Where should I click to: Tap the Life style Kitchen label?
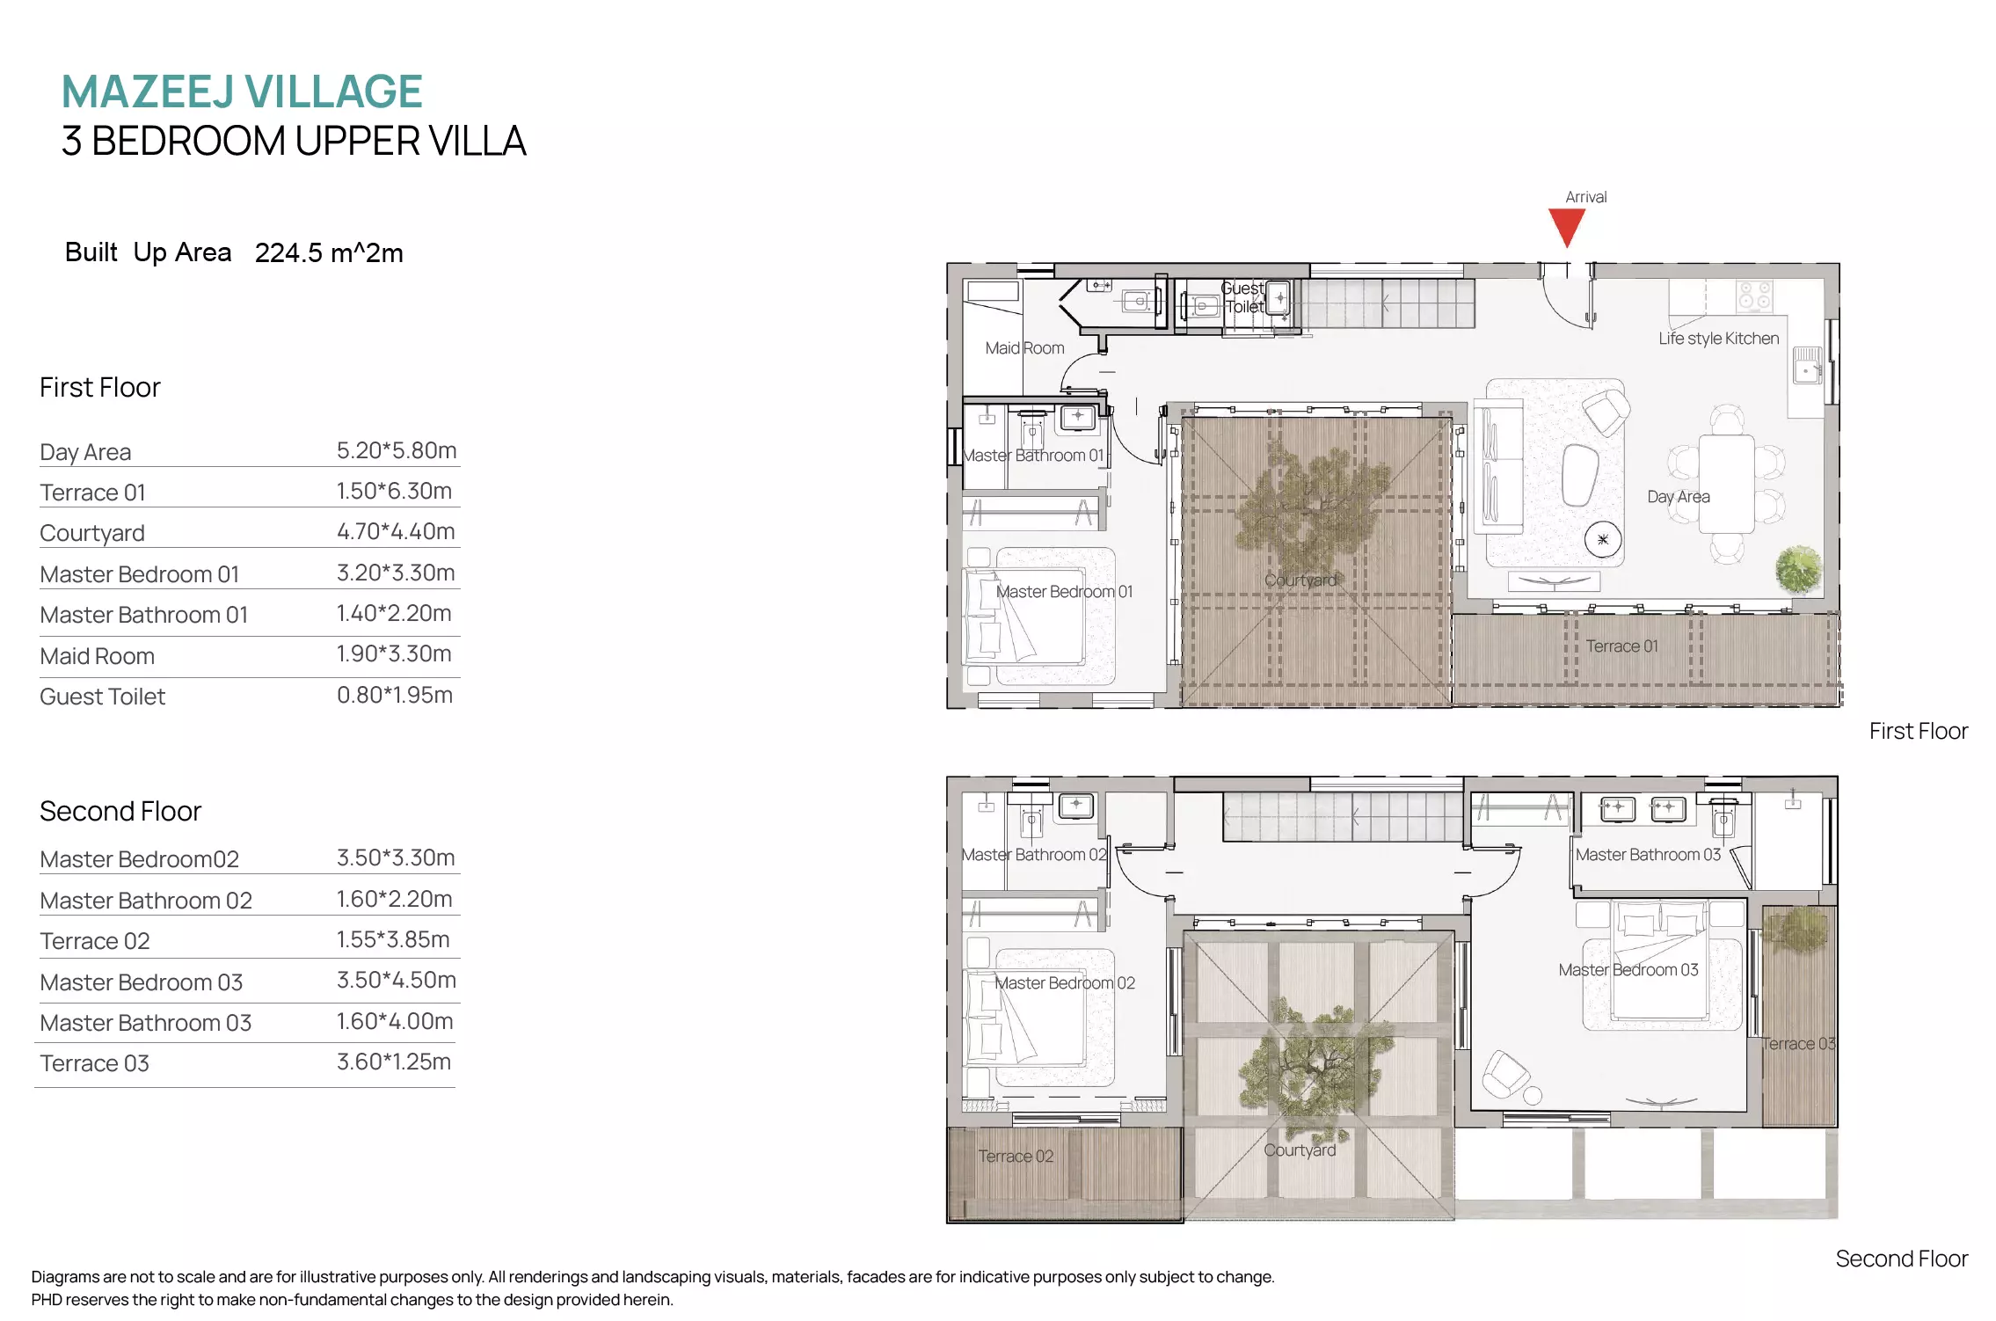1718,339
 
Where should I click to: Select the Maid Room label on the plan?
1024,348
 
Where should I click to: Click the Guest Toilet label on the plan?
1243,297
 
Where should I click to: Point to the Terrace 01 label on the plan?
1621,646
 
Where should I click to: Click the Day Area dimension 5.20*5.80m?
397,450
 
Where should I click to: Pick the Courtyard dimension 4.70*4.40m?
396,531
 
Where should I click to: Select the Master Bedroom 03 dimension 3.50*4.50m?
397,980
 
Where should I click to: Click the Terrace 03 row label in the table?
95,1063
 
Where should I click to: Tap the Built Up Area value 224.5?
288,253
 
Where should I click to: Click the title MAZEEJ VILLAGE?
242,91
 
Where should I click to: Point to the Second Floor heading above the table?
120,811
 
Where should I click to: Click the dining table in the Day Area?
1726,484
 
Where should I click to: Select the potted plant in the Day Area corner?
1798,570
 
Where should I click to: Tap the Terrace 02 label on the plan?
1016,1157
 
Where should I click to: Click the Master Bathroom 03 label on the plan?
1648,855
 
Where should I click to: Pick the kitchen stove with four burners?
1754,296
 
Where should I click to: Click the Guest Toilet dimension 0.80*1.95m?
395,695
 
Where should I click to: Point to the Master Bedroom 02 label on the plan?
1065,983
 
